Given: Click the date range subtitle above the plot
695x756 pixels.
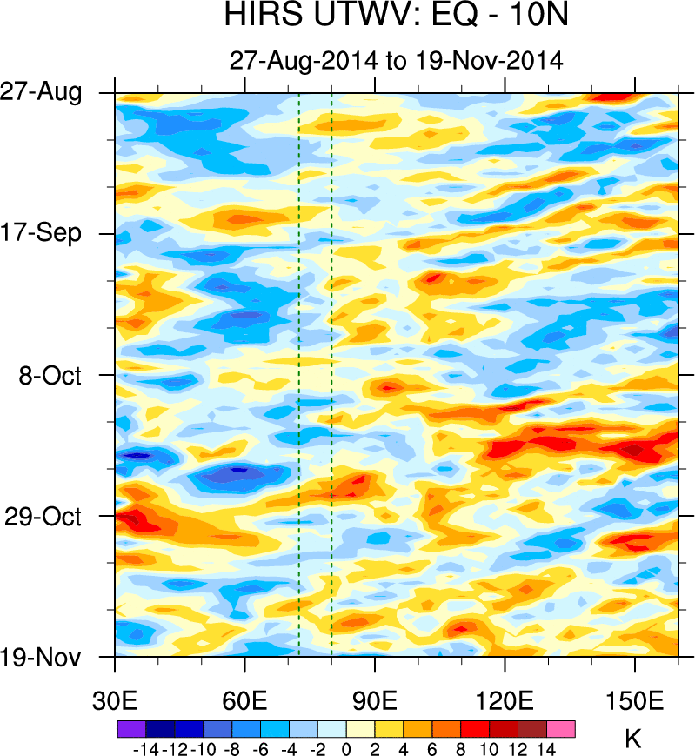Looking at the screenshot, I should [x=397, y=61].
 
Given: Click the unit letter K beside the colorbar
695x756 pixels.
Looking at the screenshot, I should [x=633, y=739].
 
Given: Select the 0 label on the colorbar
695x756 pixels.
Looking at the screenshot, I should [x=346, y=747].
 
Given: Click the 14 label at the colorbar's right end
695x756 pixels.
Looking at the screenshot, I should [x=545, y=747].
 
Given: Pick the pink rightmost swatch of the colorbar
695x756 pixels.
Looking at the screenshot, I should [x=561, y=730].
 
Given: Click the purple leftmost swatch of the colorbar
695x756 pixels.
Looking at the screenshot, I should [x=130, y=730].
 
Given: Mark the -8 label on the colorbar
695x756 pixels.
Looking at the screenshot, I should [x=233, y=747].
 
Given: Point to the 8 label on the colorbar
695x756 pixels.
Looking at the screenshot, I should [x=460, y=747].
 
